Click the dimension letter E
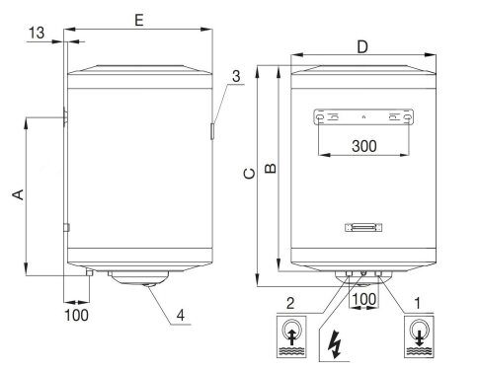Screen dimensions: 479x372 click(139, 21)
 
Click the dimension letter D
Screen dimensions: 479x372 click(362, 47)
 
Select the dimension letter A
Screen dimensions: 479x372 click(19, 194)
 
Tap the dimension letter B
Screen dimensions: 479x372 click(271, 169)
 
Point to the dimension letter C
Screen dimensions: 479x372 click(250, 174)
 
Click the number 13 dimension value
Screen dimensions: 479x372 click(37, 33)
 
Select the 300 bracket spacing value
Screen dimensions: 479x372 click(364, 146)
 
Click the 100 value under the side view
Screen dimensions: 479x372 click(76, 315)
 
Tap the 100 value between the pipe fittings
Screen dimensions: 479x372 click(364, 299)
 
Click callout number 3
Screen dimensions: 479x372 click(236, 76)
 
